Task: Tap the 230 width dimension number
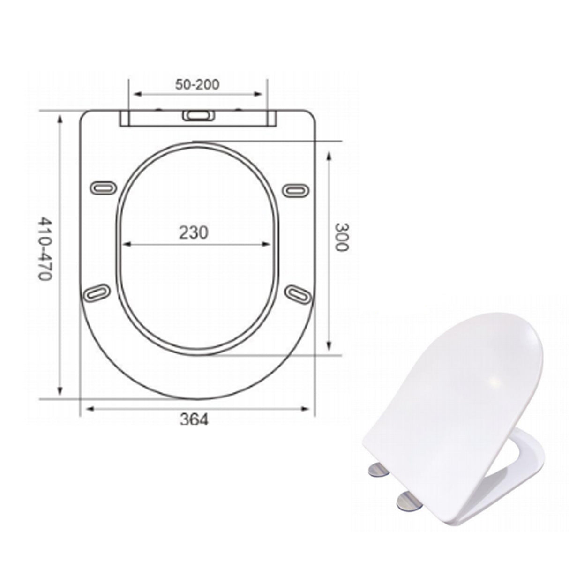pyautogui.click(x=194, y=232)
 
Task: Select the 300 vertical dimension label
pyautogui.click(x=342, y=237)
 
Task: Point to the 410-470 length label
pyautogui.click(x=44, y=248)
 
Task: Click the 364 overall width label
pyautogui.click(x=194, y=420)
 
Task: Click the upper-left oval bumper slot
pyautogui.click(x=102, y=187)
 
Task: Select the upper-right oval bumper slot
pyautogui.click(x=296, y=189)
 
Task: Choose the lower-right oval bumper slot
pyautogui.click(x=299, y=294)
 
